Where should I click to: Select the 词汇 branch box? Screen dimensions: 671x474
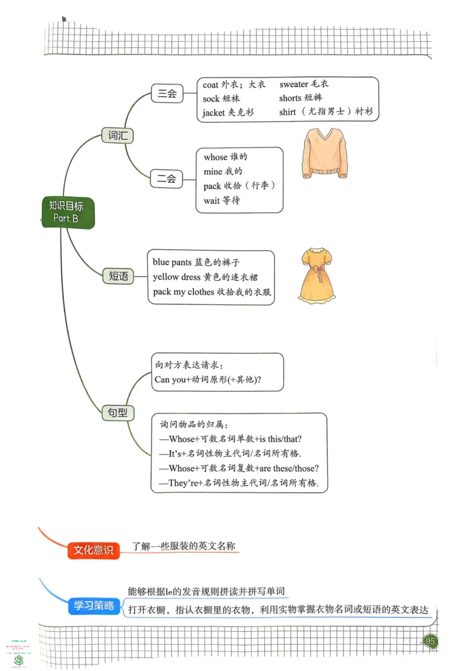click(x=117, y=135)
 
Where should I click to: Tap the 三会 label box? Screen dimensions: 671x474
click(x=167, y=93)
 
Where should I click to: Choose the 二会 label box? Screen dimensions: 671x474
click(x=166, y=178)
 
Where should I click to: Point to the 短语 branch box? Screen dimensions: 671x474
click(x=118, y=276)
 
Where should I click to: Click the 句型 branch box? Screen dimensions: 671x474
click(x=117, y=413)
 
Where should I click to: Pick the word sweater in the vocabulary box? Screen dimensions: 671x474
click(x=294, y=85)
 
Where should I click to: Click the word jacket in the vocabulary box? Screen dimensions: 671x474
click(x=214, y=112)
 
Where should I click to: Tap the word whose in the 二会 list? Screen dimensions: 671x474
click(x=216, y=157)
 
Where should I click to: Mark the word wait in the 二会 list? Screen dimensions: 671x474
click(x=212, y=200)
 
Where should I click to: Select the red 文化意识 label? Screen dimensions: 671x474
click(x=93, y=550)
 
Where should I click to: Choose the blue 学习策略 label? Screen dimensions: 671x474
click(x=94, y=606)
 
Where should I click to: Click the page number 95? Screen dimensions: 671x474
click(x=431, y=641)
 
